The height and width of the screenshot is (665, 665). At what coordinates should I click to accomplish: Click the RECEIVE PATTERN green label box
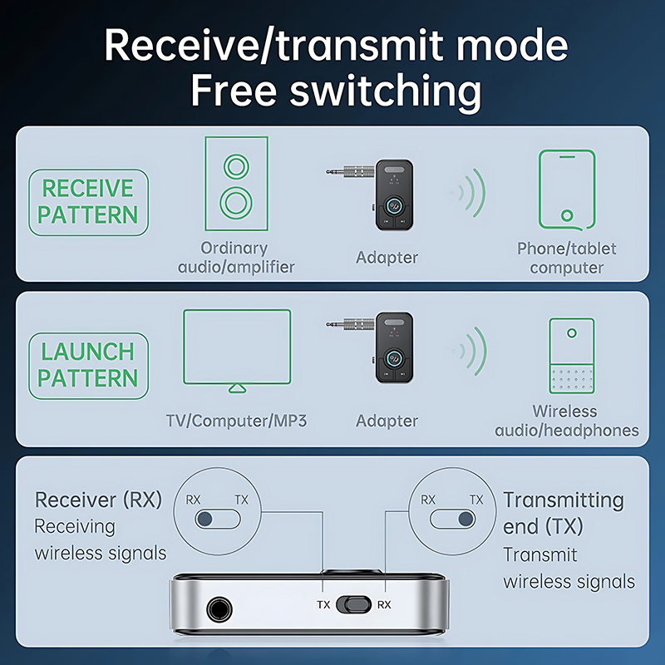(x=88, y=201)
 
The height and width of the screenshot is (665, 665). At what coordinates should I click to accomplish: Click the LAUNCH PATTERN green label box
(x=88, y=365)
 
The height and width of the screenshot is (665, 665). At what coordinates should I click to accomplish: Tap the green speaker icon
(x=236, y=184)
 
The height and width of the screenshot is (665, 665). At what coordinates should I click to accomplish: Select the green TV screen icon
(x=237, y=347)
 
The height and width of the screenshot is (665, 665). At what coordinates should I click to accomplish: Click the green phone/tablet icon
(x=566, y=189)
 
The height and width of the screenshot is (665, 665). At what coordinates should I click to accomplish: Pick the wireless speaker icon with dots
(x=571, y=355)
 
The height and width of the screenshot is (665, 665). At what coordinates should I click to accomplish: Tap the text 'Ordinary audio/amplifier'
(x=235, y=258)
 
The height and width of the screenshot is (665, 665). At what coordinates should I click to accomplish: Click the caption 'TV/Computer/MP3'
(x=236, y=421)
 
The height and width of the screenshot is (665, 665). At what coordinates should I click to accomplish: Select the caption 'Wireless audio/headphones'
(x=566, y=421)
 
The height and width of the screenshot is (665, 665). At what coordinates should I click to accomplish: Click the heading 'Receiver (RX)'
(x=98, y=500)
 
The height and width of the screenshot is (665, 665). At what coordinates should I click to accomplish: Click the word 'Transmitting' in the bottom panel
(x=563, y=500)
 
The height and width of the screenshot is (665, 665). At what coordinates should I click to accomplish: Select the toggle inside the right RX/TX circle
(x=453, y=520)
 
